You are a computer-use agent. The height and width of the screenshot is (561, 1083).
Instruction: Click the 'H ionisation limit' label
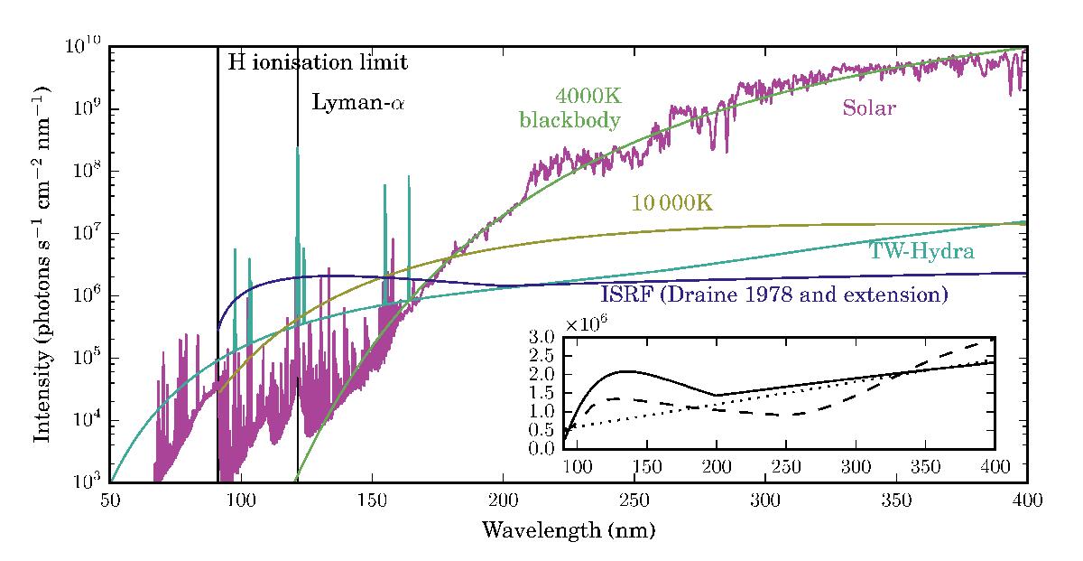coord(318,63)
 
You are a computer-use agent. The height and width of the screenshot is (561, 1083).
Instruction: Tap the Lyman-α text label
coord(358,102)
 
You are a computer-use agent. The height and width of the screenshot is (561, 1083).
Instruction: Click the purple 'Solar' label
coord(868,108)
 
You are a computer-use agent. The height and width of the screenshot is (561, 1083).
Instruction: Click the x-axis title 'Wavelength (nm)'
coord(568,529)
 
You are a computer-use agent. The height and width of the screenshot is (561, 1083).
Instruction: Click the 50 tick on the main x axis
coord(109,500)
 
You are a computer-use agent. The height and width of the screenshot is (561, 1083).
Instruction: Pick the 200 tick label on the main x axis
coord(503,500)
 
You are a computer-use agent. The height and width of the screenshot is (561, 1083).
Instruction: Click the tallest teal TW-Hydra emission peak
coord(298,149)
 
